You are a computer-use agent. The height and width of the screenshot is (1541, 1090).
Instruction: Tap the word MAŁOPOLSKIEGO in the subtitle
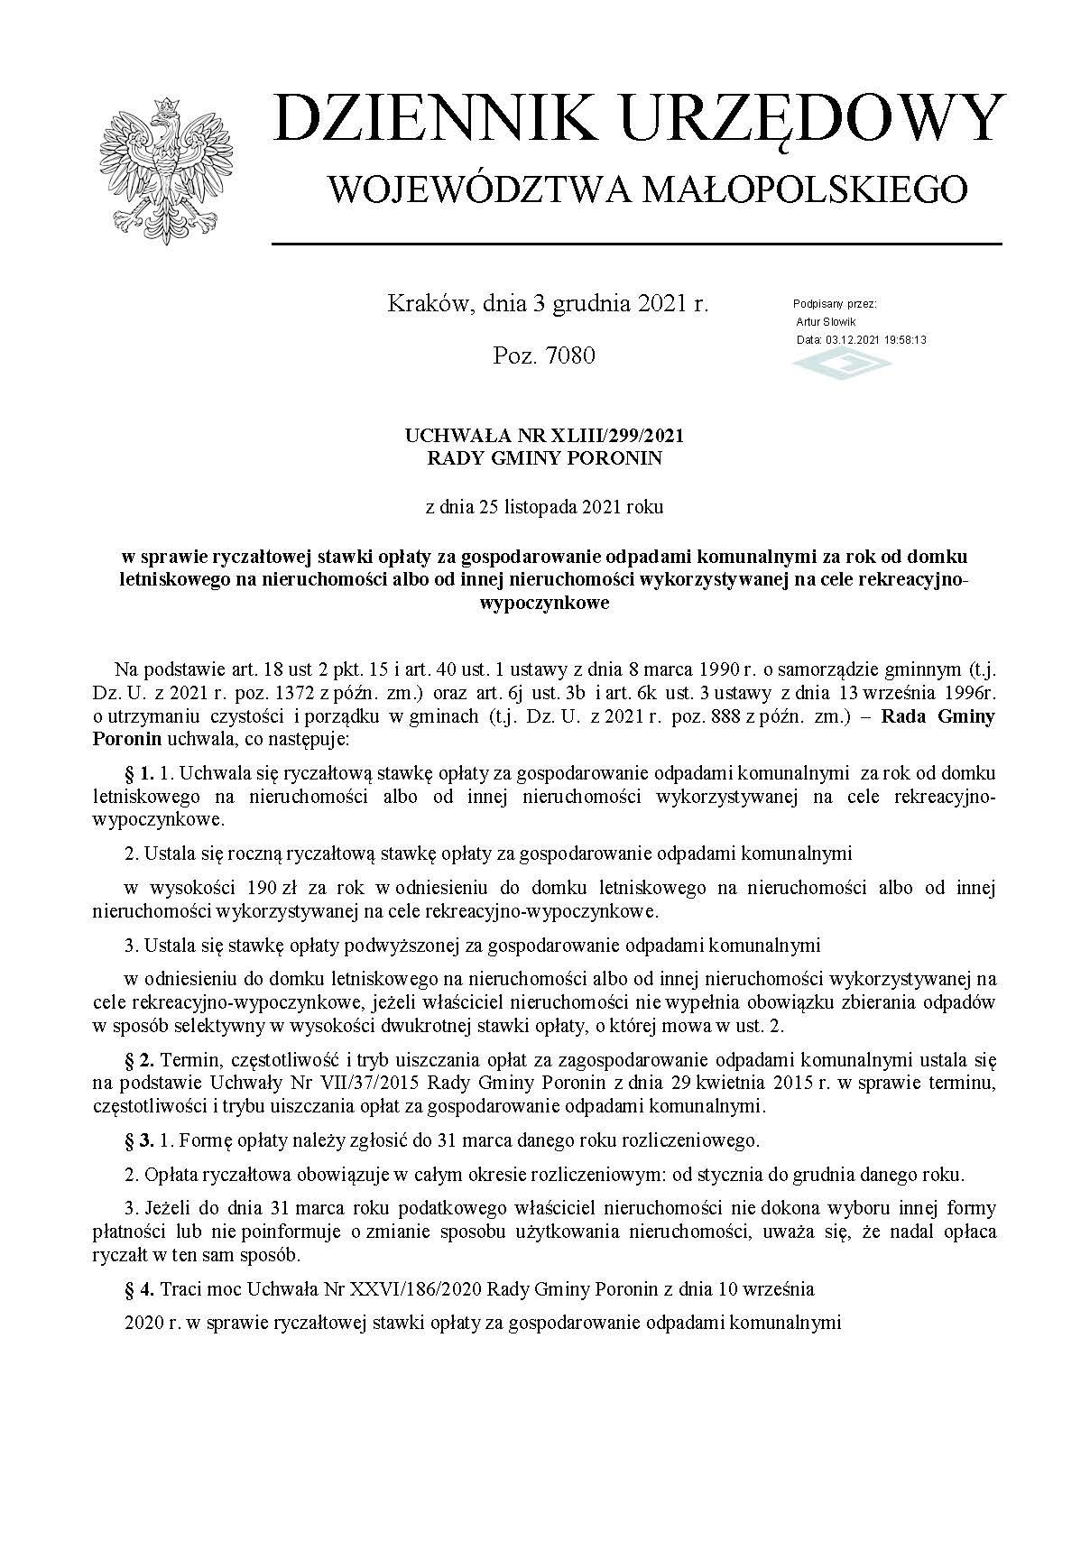[x=811, y=189]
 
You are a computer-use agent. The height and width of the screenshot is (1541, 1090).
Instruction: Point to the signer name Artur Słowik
[x=826, y=321]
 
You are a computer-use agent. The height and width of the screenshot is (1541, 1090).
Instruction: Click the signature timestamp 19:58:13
[x=897, y=340]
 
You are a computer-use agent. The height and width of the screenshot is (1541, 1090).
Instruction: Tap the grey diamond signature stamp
[x=841, y=364]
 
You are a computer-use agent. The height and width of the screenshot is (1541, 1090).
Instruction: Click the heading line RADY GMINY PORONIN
[x=544, y=458]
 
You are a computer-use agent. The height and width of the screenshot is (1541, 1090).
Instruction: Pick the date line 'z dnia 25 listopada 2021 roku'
[x=544, y=507]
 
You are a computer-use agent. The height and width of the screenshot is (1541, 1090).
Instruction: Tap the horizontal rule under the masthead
[x=636, y=244]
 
